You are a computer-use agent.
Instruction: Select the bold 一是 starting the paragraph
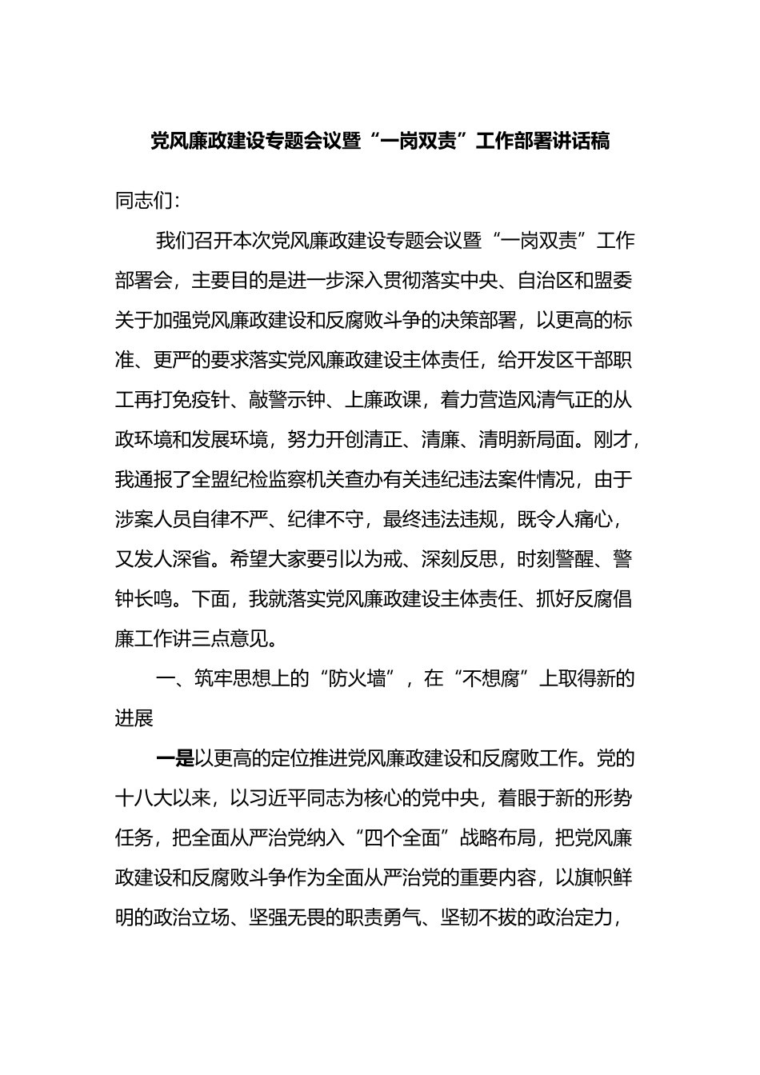tap(174, 758)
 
